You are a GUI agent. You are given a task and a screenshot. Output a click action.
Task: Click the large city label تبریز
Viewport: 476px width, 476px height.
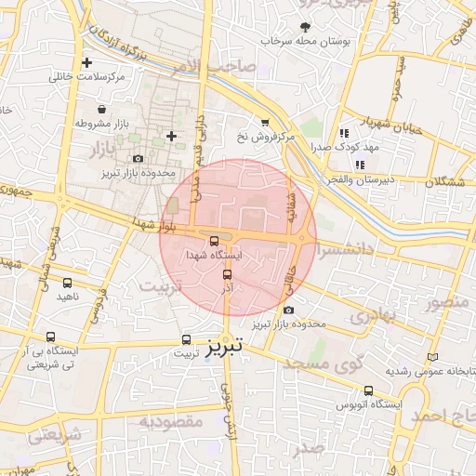(x=224, y=345)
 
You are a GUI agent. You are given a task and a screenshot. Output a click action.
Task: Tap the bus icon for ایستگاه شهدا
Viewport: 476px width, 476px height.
(x=216, y=241)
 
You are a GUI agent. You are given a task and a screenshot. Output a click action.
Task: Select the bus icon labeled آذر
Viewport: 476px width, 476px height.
(x=227, y=274)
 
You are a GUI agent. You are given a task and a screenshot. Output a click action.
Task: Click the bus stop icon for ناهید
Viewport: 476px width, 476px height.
(x=67, y=283)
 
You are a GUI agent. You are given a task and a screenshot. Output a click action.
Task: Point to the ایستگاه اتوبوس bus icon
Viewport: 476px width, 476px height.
(x=369, y=391)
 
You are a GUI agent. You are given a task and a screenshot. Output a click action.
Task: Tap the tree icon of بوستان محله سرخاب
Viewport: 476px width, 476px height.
(x=306, y=25)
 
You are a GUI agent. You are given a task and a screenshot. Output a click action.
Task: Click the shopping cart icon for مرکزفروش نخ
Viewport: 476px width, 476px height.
(x=265, y=123)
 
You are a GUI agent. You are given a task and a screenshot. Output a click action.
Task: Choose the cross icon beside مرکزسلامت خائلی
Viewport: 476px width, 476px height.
(x=86, y=63)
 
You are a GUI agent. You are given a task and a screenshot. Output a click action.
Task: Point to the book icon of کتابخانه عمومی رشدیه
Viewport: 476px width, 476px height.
(x=430, y=357)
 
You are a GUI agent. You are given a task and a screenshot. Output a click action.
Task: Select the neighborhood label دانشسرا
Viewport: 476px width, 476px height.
(x=345, y=251)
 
